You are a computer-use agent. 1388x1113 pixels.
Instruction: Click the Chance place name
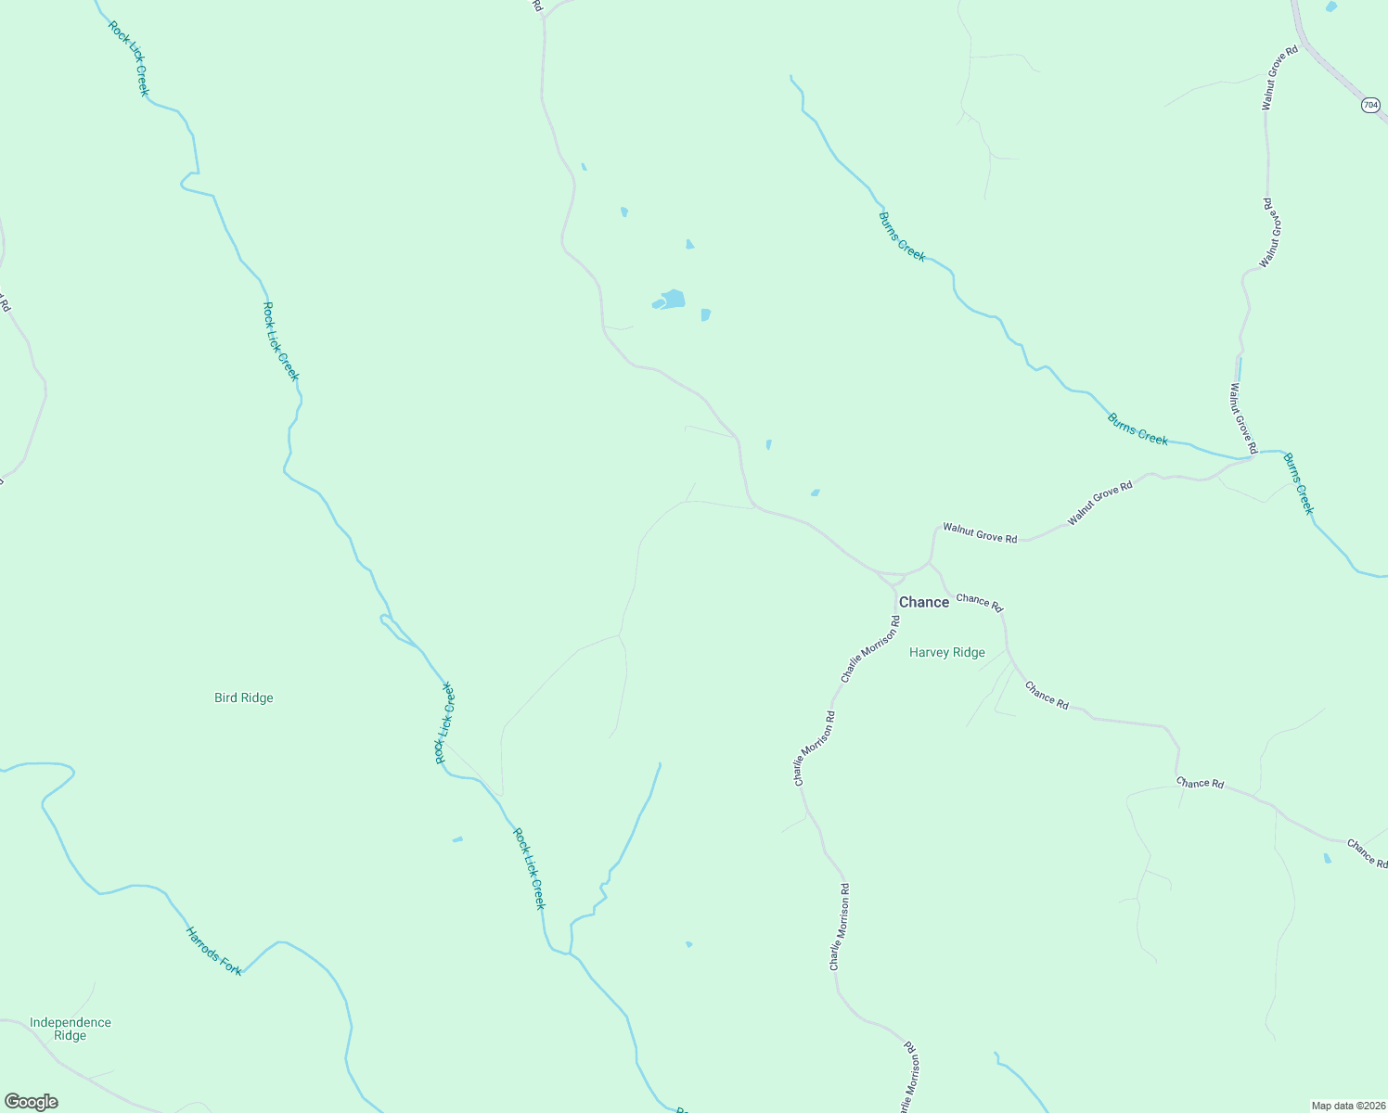point(924,603)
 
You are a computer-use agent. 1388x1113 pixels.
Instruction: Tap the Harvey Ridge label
point(946,653)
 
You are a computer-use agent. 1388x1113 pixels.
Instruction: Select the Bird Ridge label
point(243,698)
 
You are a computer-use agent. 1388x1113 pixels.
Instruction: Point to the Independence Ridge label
point(71,1030)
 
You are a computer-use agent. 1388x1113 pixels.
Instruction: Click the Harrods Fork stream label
point(213,951)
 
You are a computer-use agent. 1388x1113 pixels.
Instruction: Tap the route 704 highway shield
point(1370,106)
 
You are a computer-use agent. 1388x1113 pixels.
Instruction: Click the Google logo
point(31,1102)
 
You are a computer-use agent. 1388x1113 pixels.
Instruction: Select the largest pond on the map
point(671,300)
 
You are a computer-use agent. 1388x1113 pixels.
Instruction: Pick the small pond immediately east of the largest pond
point(706,314)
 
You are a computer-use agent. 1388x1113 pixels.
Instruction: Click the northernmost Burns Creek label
point(902,237)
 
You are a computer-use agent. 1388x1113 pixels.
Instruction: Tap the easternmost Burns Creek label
point(1299,483)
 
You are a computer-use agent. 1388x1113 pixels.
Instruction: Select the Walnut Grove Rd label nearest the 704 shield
point(1279,78)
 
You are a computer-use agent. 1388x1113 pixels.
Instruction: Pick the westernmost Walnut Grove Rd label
point(980,532)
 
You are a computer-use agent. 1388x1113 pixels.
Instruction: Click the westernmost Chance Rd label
point(980,602)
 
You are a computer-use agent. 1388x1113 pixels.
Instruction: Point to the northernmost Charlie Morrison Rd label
point(870,648)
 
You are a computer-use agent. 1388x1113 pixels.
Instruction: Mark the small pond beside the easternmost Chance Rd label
point(1327,859)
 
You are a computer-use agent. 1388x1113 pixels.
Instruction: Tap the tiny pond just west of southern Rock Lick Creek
point(457,839)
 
